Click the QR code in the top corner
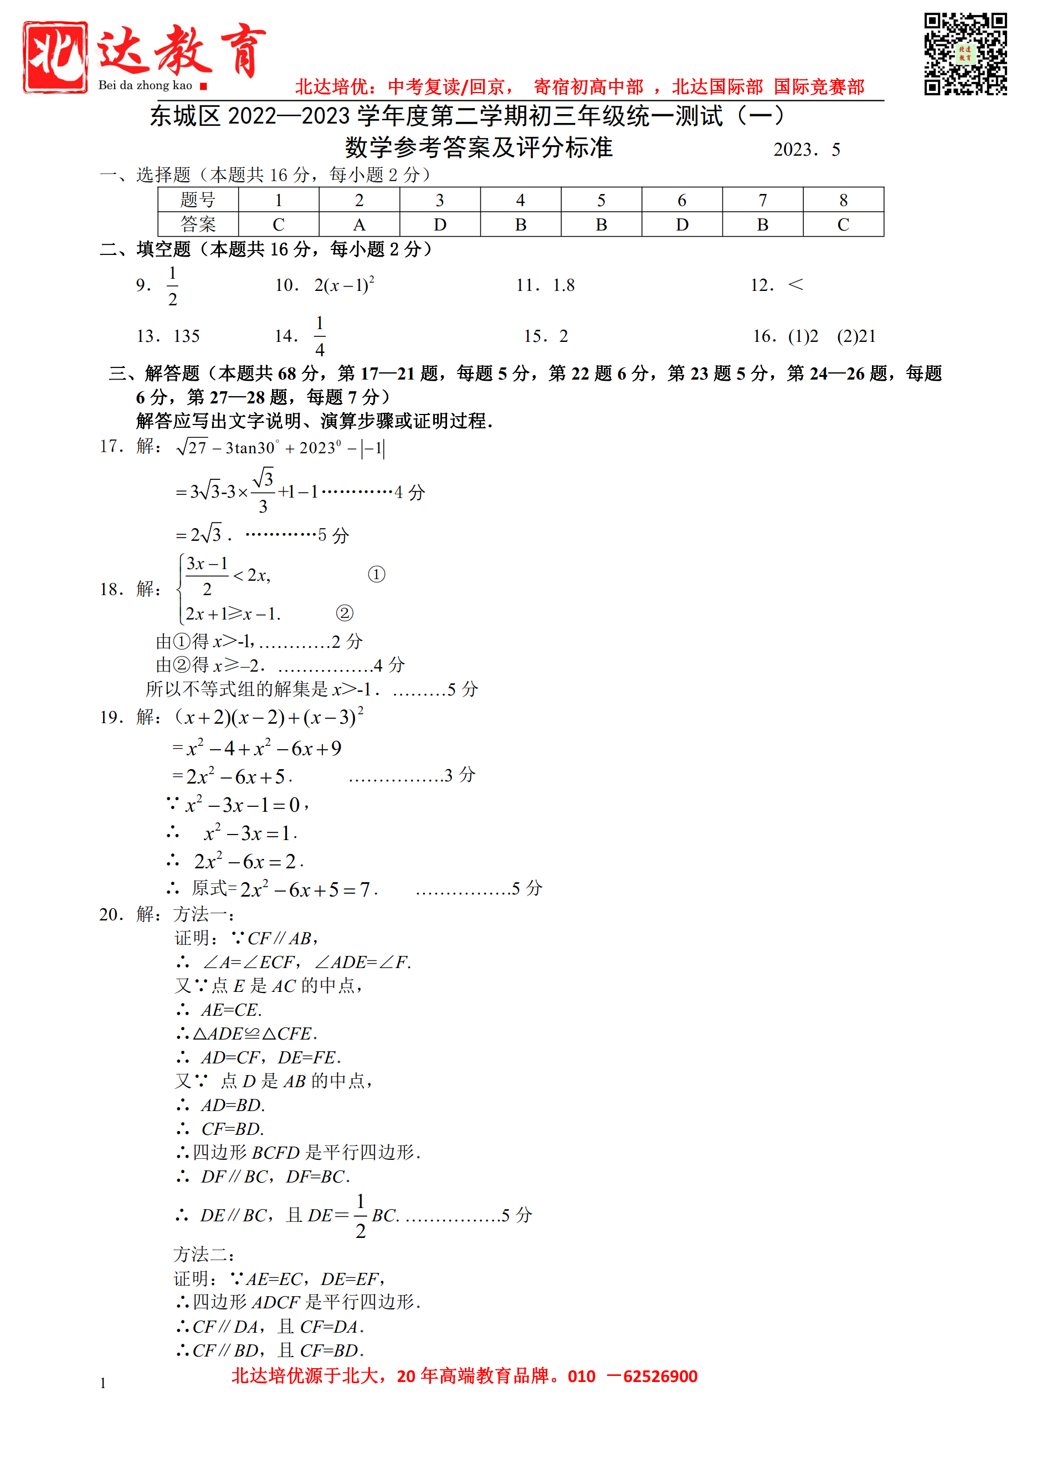point(965,54)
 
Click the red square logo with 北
point(55,57)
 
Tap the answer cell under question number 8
point(843,224)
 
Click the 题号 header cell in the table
point(198,199)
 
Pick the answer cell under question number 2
point(360,224)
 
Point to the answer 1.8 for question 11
point(563,285)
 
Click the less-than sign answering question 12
point(795,284)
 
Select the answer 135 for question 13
point(187,336)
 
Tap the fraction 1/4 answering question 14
point(320,336)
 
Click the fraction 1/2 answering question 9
point(173,286)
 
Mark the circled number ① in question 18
point(377,574)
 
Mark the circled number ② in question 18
point(345,613)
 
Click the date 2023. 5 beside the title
point(807,150)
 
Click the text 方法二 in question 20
point(203,1255)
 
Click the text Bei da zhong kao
point(145,85)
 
